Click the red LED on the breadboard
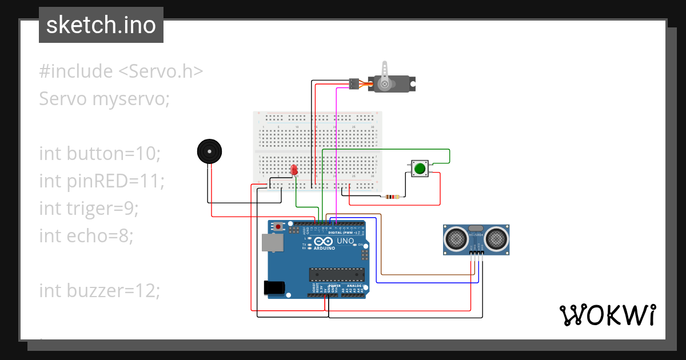point(294,170)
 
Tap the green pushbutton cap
point(420,169)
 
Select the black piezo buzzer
point(209,152)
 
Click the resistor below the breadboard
point(392,197)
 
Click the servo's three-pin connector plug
point(354,84)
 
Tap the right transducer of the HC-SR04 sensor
point(496,238)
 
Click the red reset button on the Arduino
point(278,226)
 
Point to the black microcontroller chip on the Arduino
point(335,275)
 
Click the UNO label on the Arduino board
point(345,242)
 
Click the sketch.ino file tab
point(101,25)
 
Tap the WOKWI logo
point(607,315)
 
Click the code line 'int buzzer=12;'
point(99,291)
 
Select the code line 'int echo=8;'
point(86,235)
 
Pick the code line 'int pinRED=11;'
point(102,181)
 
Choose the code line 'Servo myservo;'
point(105,99)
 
